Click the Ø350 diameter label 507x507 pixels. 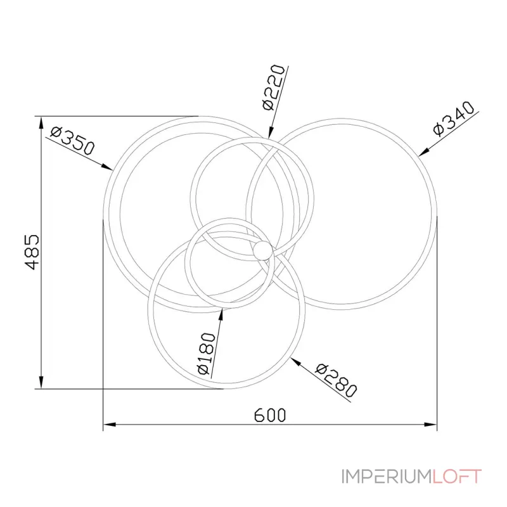click(72, 141)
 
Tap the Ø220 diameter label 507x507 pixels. click(273, 87)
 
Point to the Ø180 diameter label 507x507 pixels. click(206, 354)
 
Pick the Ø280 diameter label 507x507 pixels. click(337, 381)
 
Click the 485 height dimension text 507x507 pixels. click(32, 252)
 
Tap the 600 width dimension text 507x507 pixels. click(270, 415)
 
